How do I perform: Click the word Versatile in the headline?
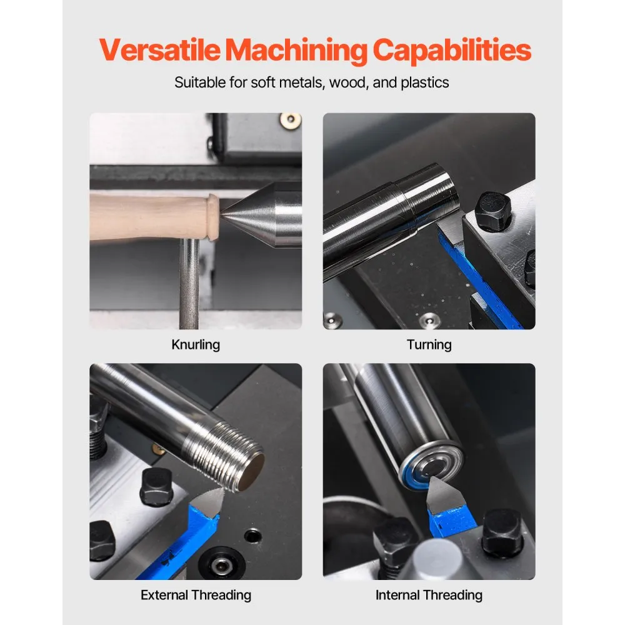tap(159, 49)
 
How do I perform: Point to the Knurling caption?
tap(196, 345)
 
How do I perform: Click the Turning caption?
tap(429, 345)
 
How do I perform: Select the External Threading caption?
tap(196, 595)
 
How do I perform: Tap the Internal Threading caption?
tap(429, 595)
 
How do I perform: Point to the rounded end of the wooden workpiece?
tap(213, 217)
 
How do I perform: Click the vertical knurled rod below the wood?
tap(189, 284)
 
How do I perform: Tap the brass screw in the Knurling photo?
tap(290, 119)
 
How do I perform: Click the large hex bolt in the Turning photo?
tap(493, 211)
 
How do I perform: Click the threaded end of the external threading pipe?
tap(235, 454)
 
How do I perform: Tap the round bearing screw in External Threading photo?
tap(221, 564)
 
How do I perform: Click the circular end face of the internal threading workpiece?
tap(431, 466)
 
